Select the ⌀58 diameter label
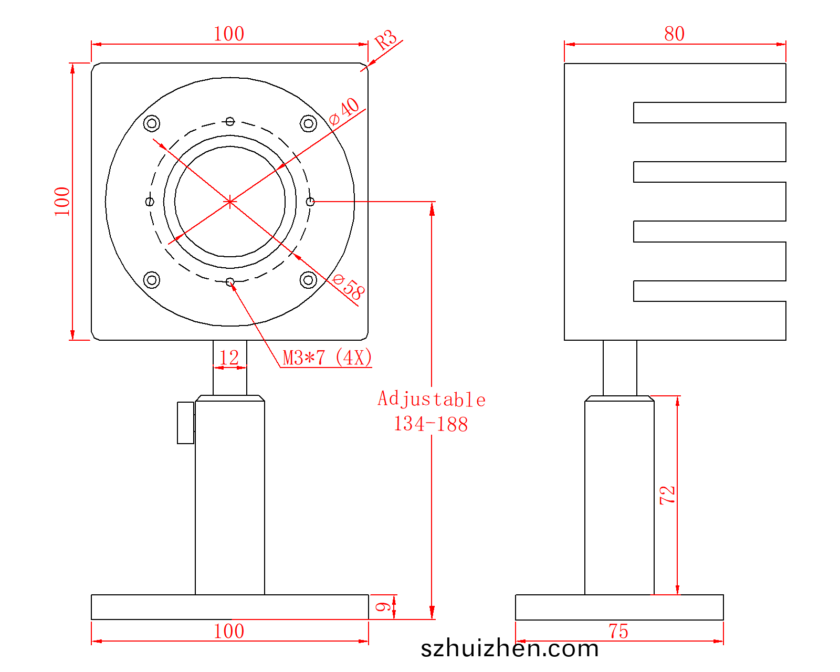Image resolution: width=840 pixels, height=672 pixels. [x=349, y=287]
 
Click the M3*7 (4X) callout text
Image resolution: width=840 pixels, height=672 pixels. [x=327, y=358]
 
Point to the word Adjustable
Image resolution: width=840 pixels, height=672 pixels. [x=432, y=399]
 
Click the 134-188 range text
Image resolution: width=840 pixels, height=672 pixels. [x=430, y=424]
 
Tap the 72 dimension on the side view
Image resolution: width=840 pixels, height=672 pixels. [x=667, y=495]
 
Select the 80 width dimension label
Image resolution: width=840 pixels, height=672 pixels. [x=674, y=34]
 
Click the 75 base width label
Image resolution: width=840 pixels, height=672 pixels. [x=618, y=632]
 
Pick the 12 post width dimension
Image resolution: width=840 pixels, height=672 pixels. [x=229, y=358]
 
